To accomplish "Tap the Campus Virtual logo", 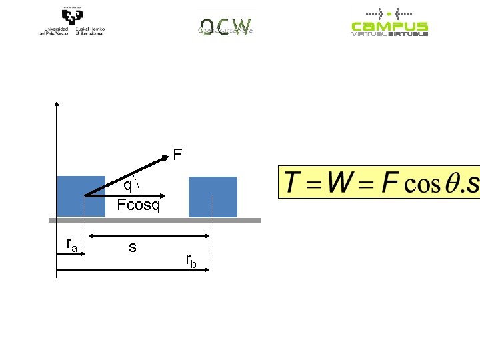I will point(390,23).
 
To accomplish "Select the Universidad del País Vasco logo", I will point(71,23).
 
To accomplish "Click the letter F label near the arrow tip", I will point(177,155).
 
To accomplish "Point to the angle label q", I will point(127,185).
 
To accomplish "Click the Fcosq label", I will point(139,205).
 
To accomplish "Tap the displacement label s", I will point(133,247).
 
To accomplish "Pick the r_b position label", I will point(191,260).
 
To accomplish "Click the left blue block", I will point(81,196).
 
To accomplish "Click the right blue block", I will point(213,197).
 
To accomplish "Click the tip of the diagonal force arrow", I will point(168,157).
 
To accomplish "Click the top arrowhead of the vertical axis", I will point(57,103).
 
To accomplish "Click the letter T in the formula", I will point(293,184).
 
